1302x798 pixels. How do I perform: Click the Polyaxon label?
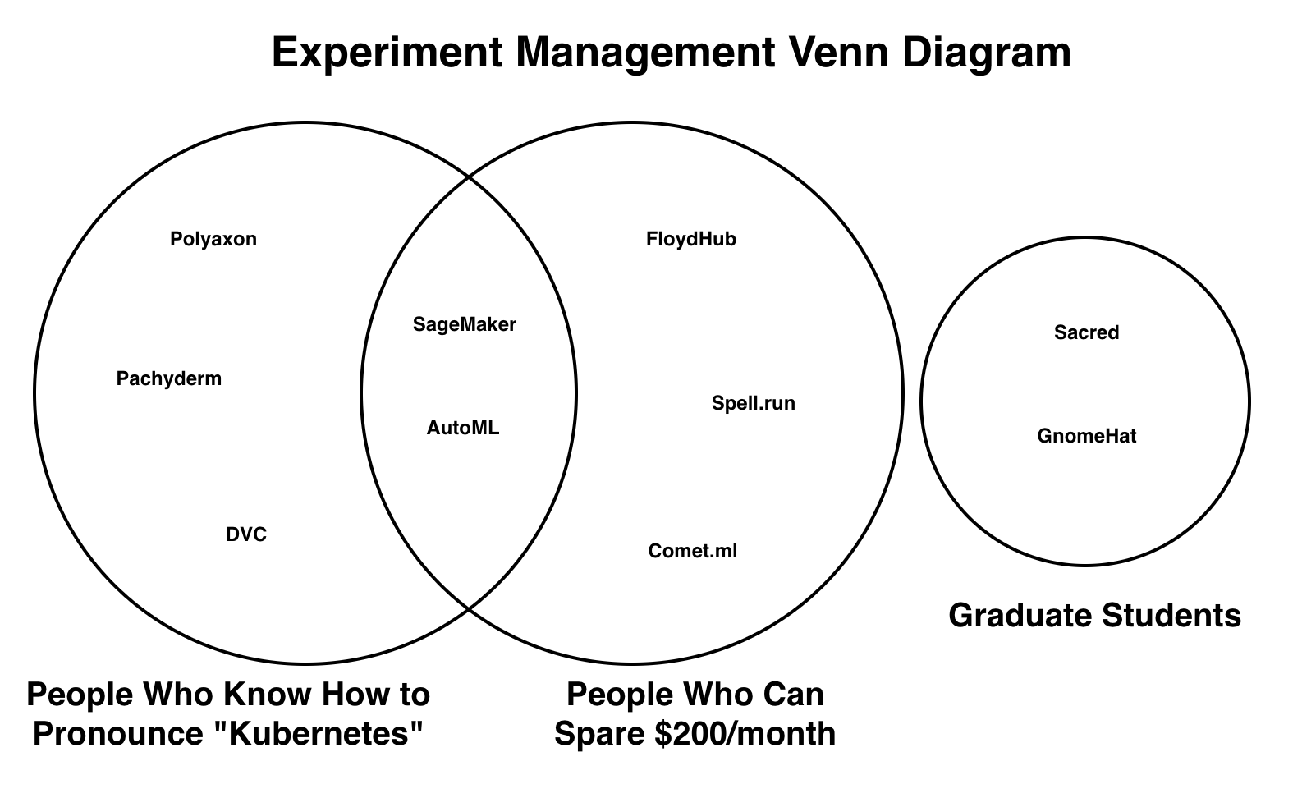coord(213,239)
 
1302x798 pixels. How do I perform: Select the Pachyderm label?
coord(169,378)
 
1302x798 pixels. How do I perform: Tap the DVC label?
coord(246,534)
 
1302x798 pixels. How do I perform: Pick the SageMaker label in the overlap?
coord(465,324)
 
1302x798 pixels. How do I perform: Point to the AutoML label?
coord(463,428)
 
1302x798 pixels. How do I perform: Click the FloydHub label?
coord(691,239)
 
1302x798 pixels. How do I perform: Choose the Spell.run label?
coord(754,403)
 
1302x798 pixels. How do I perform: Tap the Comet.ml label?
coord(693,551)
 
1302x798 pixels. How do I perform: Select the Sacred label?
coord(1087,332)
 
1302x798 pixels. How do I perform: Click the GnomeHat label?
coord(1087,436)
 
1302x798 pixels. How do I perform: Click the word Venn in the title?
coord(837,53)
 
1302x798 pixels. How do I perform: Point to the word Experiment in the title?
coord(387,53)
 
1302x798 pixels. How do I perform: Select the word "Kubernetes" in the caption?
coord(318,732)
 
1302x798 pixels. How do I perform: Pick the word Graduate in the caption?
coord(1020,615)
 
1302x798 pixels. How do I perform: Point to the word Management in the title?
coord(645,53)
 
